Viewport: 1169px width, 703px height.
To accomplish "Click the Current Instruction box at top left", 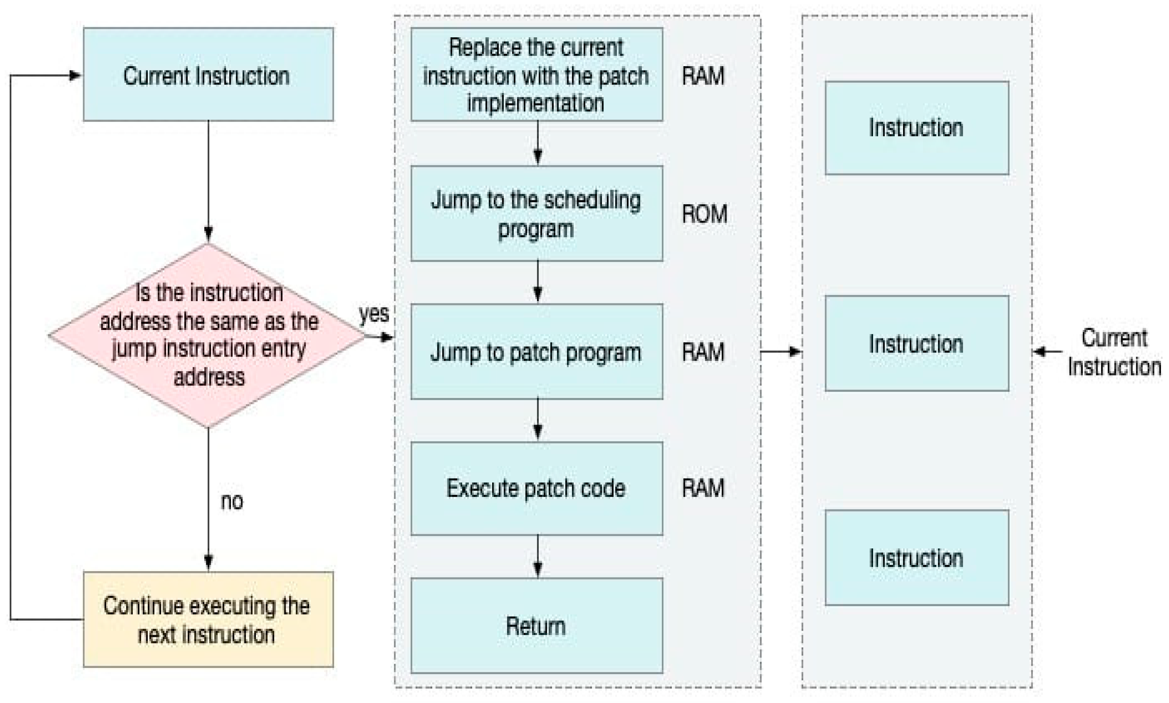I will (208, 74).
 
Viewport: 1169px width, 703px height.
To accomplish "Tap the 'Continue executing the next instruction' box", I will (208, 619).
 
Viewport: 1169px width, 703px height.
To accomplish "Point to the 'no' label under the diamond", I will (232, 501).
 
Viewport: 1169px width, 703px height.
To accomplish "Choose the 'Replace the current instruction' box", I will (536, 74).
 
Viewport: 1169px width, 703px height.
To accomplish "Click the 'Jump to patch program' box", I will (536, 351).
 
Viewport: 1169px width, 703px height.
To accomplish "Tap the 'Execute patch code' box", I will (536, 488).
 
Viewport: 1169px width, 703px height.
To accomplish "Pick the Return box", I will (536, 625).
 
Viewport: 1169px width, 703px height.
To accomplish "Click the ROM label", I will (704, 214).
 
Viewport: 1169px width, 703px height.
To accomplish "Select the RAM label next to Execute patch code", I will (703, 488).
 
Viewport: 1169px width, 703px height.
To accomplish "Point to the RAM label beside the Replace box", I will (703, 76).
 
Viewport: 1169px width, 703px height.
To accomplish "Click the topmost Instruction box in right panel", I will (917, 128).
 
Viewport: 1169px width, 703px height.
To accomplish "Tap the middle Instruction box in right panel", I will (917, 343).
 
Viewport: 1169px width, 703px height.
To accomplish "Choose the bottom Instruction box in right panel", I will (917, 558).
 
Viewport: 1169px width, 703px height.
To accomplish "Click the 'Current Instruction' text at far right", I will (1114, 352).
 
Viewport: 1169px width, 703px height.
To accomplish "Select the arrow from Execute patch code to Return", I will (537, 556).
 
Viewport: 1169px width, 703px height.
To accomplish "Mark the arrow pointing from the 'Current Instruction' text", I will (1047, 351).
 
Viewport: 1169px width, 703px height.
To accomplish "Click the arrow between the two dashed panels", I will (780, 351).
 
